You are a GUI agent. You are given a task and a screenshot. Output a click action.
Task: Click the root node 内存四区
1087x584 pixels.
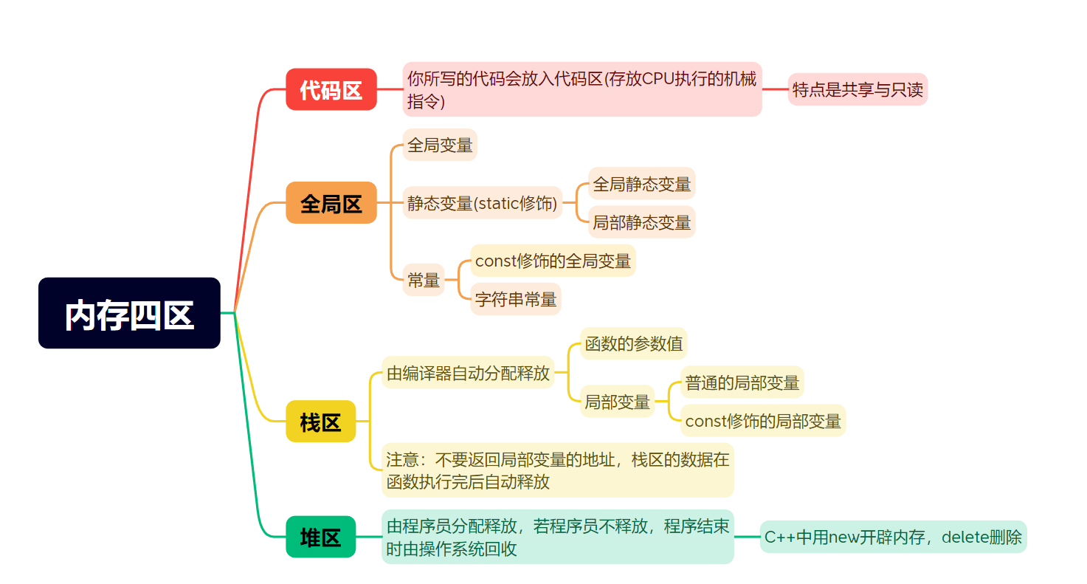(129, 313)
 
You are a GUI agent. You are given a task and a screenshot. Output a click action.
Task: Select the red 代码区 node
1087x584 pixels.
(331, 89)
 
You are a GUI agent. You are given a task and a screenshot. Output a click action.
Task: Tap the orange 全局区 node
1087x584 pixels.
(331, 202)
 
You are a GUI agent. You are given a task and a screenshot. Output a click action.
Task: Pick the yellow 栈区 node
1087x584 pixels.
(320, 422)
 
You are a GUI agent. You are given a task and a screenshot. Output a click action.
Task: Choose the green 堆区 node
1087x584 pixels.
(320, 537)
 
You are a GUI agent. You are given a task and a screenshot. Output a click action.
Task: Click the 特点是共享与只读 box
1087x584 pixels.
(857, 89)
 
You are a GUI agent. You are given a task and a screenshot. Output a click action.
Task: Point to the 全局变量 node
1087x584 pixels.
(440, 145)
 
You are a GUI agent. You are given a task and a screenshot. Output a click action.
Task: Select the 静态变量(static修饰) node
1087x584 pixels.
(483, 203)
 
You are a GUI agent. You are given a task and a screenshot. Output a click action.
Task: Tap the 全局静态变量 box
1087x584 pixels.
(642, 184)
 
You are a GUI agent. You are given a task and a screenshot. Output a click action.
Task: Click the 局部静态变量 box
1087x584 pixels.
(642, 221)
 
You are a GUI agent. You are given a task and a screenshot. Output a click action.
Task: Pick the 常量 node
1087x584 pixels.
(424, 280)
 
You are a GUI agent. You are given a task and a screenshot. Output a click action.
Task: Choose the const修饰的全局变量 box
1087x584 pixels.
(553, 261)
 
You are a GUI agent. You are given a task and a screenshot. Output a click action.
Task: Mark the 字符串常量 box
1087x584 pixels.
(516, 299)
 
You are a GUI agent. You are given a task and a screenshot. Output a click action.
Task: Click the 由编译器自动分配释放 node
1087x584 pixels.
(468, 373)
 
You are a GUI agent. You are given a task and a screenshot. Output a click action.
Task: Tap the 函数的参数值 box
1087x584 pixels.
(633, 343)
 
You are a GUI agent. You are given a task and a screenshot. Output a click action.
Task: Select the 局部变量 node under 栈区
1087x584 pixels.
(617, 402)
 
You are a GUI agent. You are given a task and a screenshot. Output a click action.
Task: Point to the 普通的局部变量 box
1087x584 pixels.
(742, 382)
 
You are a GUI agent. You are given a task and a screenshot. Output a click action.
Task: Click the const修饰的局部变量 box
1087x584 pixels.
(763, 421)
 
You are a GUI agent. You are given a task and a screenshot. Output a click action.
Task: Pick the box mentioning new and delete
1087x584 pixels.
(893, 537)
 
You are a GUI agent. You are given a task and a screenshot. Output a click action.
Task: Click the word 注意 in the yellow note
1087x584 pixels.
(402, 460)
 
